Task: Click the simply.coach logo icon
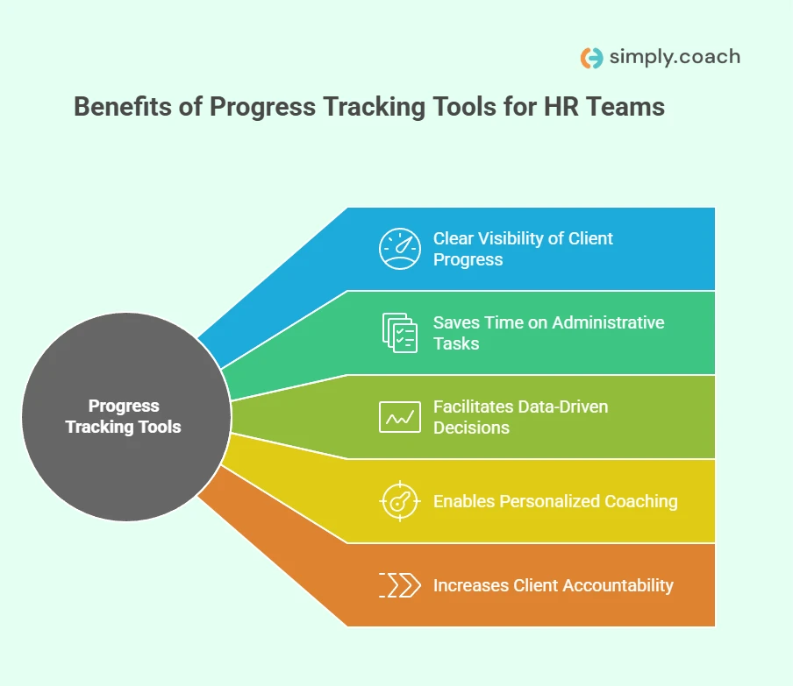point(592,58)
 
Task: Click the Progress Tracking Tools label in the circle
point(124,416)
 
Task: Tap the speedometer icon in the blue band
point(399,249)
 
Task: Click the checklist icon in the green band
point(399,333)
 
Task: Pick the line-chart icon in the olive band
point(399,417)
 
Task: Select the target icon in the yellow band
point(399,501)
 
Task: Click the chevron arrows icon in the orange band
point(399,585)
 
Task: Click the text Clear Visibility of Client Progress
point(523,249)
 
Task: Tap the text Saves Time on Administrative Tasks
point(548,333)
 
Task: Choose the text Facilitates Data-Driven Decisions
point(520,417)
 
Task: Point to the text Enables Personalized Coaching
point(555,501)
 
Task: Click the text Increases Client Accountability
point(553,585)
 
